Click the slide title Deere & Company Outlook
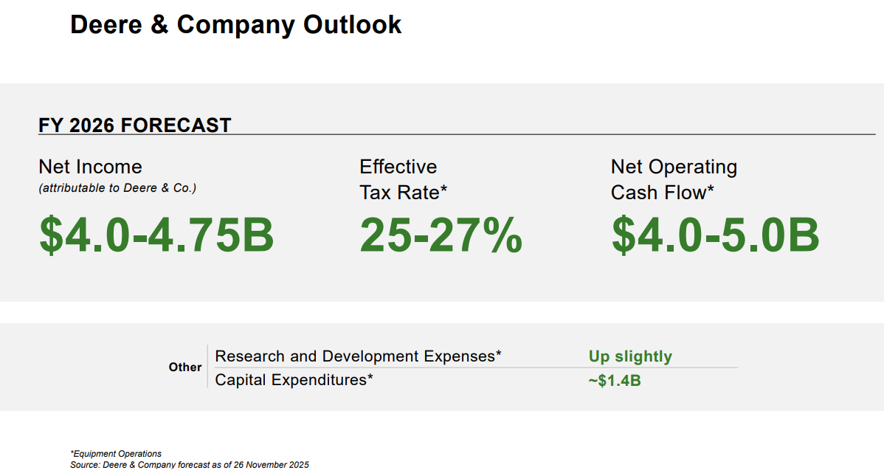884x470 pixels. tap(235, 25)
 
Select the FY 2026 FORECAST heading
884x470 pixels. tap(134, 125)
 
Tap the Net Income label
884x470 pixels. tap(90, 167)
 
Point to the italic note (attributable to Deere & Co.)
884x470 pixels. tap(117, 188)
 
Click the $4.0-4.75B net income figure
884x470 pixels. tap(156, 234)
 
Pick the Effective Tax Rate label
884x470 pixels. tap(403, 179)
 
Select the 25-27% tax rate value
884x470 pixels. tap(441, 234)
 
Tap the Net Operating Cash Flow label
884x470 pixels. tap(673, 179)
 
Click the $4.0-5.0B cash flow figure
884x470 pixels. tap(715, 234)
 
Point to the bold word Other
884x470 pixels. tap(184, 367)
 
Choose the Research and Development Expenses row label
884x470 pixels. tap(358, 356)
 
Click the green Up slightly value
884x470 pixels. tap(630, 357)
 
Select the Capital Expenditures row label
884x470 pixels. tap(294, 380)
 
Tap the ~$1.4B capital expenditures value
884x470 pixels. tap(615, 381)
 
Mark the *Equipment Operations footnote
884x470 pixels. tap(116, 454)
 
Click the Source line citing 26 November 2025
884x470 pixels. tap(190, 465)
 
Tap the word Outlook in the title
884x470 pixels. tap(353, 25)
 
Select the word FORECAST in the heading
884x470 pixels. tap(176, 125)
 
